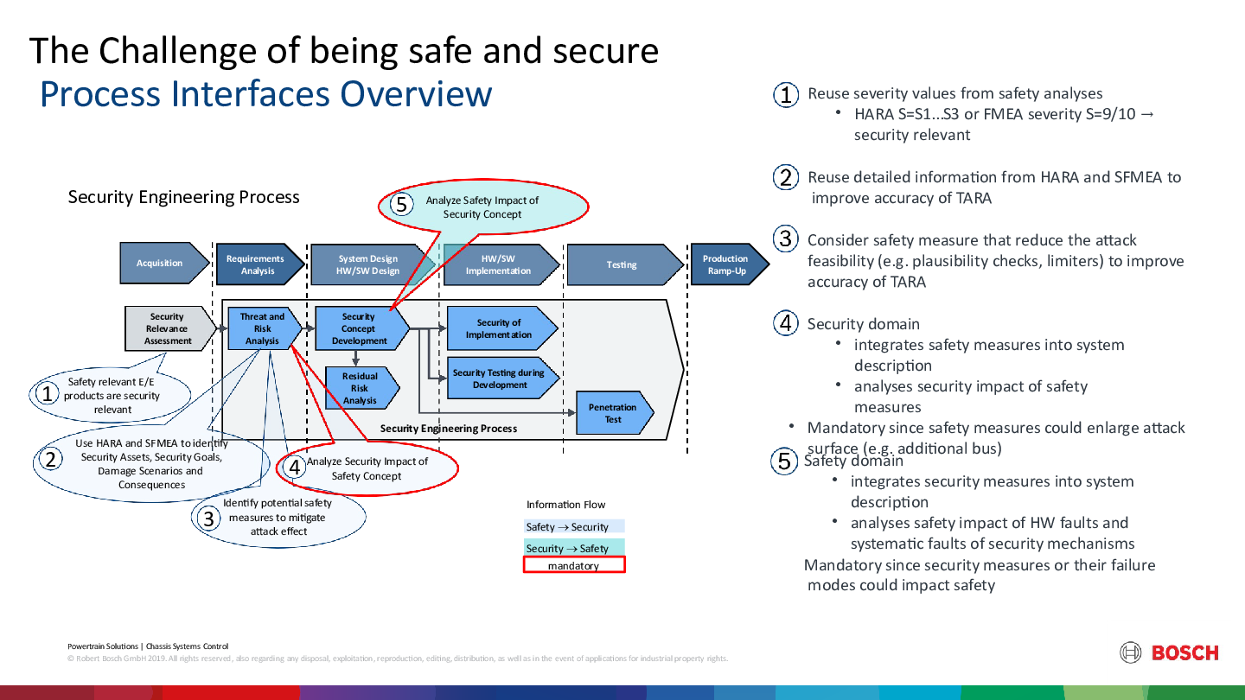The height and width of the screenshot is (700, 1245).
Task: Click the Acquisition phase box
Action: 162,264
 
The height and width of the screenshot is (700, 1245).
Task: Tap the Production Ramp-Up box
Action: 726,264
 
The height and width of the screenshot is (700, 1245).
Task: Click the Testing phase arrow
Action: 622,264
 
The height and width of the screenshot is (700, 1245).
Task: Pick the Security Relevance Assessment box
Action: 169,328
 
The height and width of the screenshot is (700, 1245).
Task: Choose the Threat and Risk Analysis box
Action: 263,328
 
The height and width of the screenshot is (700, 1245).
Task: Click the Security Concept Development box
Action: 360,328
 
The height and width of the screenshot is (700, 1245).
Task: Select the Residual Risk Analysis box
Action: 361,388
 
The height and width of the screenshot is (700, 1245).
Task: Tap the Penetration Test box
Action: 613,413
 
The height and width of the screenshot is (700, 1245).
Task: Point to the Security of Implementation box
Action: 500,328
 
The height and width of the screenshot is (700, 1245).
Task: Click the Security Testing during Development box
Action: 500,379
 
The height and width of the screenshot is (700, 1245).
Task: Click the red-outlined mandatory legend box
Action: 574,565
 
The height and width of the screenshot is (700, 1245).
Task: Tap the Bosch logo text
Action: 1184,653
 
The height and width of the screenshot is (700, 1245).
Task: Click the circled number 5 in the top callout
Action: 401,206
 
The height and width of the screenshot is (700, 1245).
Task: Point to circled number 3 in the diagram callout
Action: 208,519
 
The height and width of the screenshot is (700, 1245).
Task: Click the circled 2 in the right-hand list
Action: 785,178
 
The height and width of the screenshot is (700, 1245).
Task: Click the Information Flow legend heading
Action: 566,505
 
